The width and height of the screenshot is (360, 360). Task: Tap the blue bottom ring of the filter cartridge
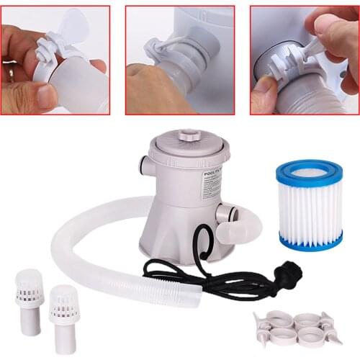pos(310,240)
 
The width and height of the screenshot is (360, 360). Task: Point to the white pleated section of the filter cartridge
pos(310,209)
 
